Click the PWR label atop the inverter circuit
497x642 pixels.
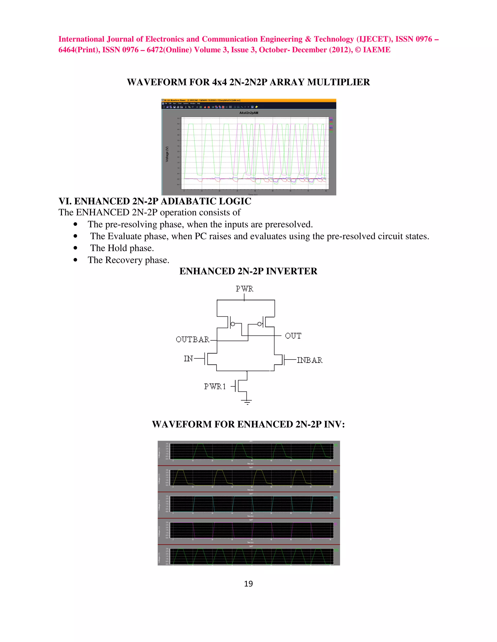pyautogui.click(x=244, y=289)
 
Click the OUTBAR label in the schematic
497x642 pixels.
pyautogui.click(x=192, y=339)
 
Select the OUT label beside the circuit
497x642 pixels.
pyautogui.click(x=293, y=336)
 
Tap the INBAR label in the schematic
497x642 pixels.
pyautogui.click(x=309, y=360)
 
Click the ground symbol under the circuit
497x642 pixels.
pyautogui.click(x=247, y=402)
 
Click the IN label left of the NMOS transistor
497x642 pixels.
pyautogui.click(x=188, y=359)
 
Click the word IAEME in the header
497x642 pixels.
pyautogui.click(x=377, y=50)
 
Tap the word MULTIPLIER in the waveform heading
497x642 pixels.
pyautogui.click(x=338, y=82)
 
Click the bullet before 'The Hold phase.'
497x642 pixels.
pyautogui.click(x=76, y=248)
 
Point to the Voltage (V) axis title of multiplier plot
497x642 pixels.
pyautogui.click(x=167, y=154)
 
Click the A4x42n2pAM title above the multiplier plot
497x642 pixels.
pyautogui.click(x=248, y=113)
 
